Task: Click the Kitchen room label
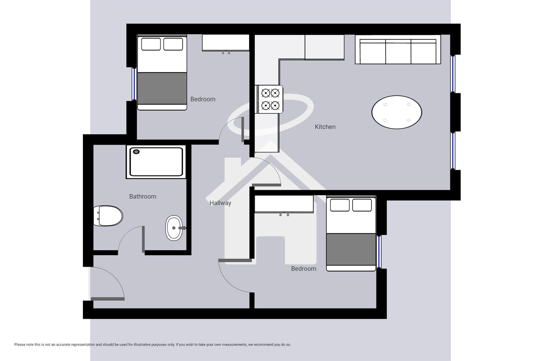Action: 325,127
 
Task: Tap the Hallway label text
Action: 220,203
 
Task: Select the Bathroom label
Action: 143,197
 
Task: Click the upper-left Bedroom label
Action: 203,99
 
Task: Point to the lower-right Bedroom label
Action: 303,269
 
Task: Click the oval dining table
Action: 396,112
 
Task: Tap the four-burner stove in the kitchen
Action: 270,99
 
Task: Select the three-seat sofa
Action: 397,50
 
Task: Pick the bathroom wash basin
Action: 174,228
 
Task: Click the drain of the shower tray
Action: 136,152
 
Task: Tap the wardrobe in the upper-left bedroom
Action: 226,43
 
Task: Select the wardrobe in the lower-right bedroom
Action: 284,204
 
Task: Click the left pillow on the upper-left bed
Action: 151,44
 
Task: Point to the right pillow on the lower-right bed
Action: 362,205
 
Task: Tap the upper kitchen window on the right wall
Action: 453,74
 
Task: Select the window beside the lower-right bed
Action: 379,252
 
